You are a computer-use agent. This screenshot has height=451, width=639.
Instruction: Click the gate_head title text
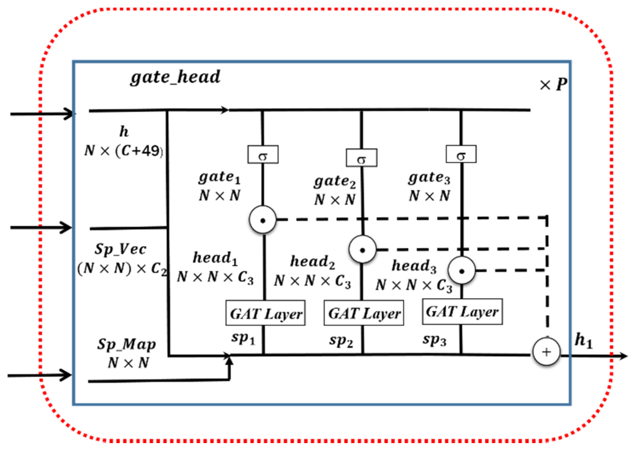coord(175,77)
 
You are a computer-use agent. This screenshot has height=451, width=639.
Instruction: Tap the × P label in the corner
coord(553,84)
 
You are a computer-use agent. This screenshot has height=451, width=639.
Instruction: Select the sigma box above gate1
coord(263,155)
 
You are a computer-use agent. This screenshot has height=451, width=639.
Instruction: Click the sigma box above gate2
coord(361,158)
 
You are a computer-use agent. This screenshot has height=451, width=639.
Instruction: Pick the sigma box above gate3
coord(461,154)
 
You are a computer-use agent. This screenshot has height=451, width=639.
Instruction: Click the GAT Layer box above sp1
coord(266,313)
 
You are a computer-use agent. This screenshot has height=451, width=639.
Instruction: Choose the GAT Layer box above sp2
coord(364,313)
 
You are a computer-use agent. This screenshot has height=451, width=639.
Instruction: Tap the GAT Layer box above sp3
coord(462,312)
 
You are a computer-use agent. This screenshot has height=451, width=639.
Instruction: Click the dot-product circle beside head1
coord(263,220)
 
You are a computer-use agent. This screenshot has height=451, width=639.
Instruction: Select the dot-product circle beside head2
coord(362,250)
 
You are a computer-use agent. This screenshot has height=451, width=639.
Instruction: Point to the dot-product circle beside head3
coord(461,271)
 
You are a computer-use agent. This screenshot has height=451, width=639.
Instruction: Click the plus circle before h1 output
coord(546,352)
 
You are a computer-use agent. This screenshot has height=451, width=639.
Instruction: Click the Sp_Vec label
coord(120,250)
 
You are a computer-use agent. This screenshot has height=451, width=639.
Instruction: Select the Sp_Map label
coord(127,344)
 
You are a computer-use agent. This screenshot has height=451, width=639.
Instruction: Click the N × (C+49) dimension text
coord(124,151)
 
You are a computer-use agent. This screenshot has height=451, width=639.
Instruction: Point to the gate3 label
coord(429,178)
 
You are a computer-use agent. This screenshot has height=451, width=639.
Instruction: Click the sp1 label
coord(243,338)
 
